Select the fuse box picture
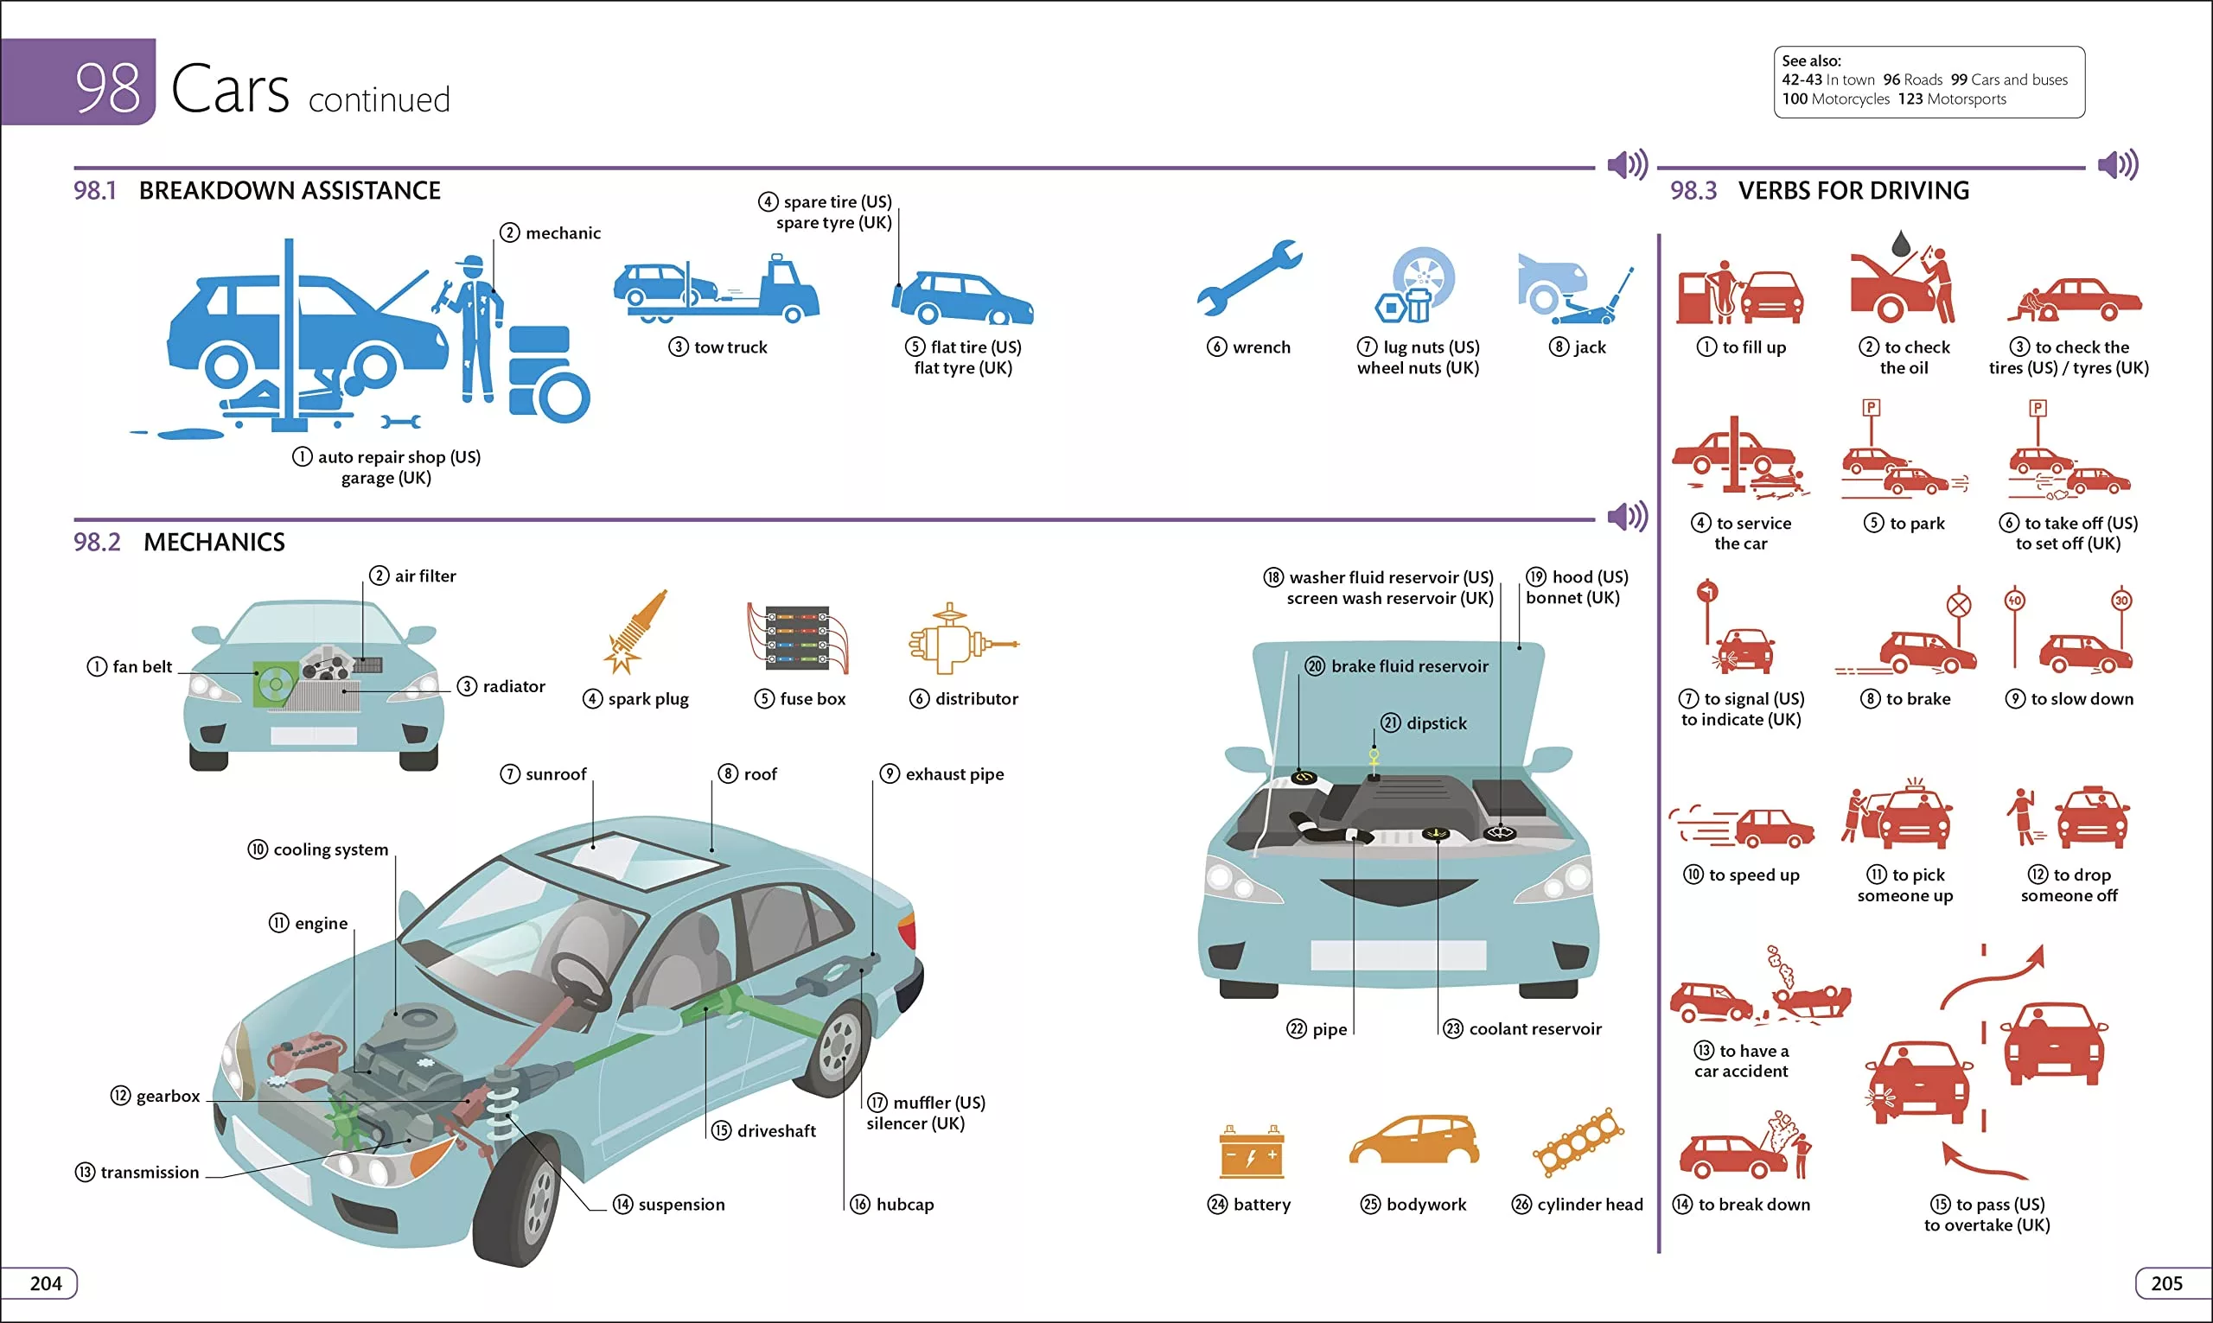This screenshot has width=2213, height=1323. coord(797,638)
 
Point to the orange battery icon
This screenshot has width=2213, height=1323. coord(1252,1152)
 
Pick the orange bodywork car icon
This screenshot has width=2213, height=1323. coord(1414,1142)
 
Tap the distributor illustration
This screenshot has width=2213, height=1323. coord(960,639)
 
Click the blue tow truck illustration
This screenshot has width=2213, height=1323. coord(717,288)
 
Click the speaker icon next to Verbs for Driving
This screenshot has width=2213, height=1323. coord(2118,165)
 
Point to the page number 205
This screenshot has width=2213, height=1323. coord(2166,1283)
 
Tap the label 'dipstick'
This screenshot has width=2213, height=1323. coord(1436,723)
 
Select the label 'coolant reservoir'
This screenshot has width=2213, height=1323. coord(1534,1029)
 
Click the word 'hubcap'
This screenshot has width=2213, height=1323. coord(904,1205)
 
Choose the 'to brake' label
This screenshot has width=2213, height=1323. coord(1918,699)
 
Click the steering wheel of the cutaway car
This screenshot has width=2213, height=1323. coord(580,981)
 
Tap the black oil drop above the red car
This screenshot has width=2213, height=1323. coord(1900,241)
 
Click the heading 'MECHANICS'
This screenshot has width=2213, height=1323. coord(214,542)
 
